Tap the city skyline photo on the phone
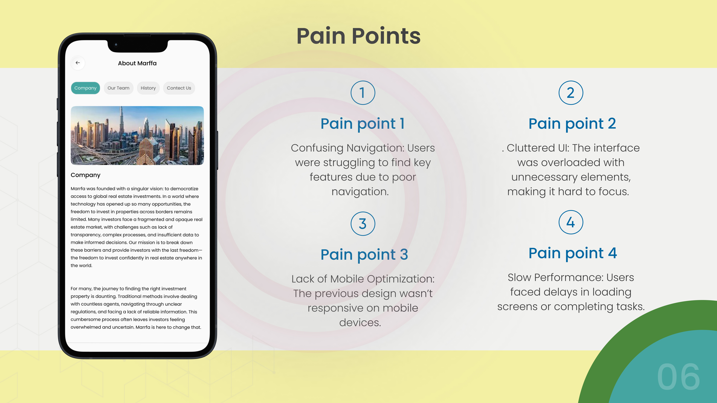(x=137, y=135)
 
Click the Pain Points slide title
(x=358, y=36)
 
